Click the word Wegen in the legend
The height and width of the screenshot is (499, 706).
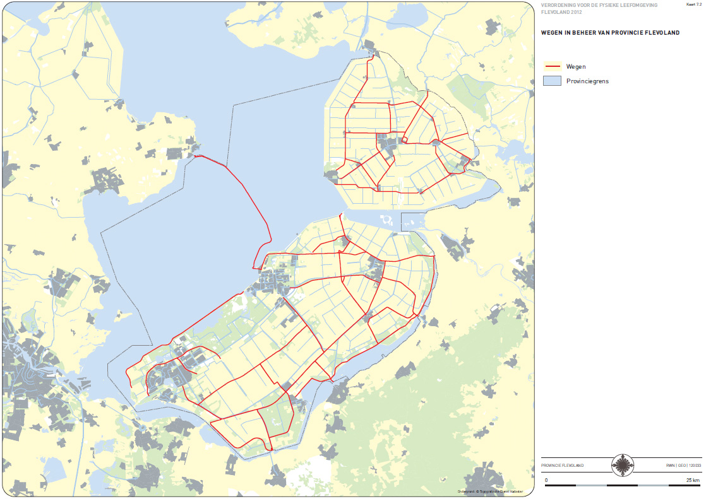577,66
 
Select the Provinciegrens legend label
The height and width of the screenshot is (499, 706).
587,81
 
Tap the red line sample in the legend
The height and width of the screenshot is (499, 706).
553,66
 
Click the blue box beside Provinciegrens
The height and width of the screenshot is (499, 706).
553,81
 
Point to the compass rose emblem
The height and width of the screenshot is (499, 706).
623,466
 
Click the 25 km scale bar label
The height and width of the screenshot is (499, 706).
693,480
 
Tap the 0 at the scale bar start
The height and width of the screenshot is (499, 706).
546,480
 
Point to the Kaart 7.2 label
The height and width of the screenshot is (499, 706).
693,5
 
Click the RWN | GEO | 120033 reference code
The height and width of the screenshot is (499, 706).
683,466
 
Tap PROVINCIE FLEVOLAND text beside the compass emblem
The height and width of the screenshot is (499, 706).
563,466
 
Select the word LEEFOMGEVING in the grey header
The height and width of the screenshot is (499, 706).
638,5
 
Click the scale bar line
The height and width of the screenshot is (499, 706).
622,485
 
